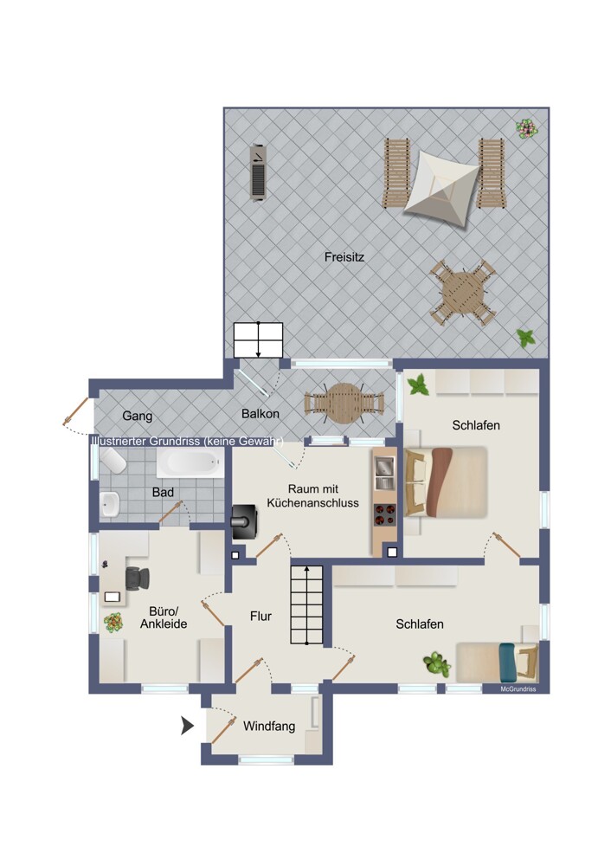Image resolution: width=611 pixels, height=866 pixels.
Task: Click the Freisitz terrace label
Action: [344, 257]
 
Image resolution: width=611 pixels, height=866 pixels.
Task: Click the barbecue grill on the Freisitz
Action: [258, 173]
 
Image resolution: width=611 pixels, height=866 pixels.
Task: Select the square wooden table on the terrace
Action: [462, 292]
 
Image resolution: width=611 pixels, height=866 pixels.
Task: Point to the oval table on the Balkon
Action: [344, 404]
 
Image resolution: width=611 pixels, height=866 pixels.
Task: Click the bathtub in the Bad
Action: [190, 462]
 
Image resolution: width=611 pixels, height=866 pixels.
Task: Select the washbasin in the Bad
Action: [110, 504]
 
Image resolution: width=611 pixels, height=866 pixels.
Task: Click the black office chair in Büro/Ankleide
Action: [138, 578]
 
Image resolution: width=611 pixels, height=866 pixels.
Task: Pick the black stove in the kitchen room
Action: [245, 522]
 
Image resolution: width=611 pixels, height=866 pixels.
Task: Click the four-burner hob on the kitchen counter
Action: [385, 514]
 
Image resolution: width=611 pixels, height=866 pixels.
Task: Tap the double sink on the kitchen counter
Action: [385, 474]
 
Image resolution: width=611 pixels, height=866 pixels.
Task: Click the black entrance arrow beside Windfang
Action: [188, 726]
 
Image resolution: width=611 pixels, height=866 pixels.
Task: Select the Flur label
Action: [260, 616]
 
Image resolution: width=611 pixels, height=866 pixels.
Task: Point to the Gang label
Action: [137, 416]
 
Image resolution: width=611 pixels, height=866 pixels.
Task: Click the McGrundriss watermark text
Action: [518, 689]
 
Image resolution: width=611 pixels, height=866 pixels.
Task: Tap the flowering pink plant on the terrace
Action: [526, 129]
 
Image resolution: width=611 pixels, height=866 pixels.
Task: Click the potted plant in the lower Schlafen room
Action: [437, 664]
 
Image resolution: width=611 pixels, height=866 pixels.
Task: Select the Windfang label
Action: [269, 727]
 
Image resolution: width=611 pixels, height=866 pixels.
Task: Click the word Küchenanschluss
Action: [312, 503]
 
